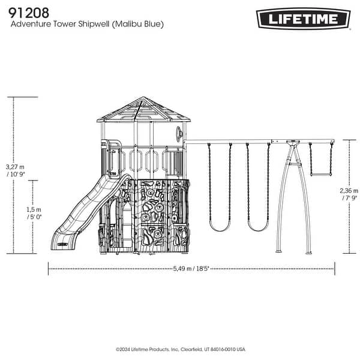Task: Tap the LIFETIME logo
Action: coord(304,19)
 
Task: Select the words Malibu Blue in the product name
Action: coord(139,25)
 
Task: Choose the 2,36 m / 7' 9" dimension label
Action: coord(350,193)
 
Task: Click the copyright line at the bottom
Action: coord(180,349)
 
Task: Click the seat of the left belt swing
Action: coord(220,227)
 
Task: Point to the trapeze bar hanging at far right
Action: coord(320,175)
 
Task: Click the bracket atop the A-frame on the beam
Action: coord(293,143)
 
